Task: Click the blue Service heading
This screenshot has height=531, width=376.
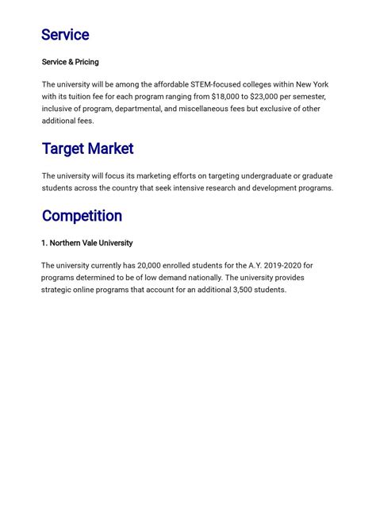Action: pos(65,35)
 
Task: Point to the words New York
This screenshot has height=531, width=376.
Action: pos(309,84)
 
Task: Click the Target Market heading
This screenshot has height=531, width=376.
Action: pos(87,148)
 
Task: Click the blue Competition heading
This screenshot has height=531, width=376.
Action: pos(82,216)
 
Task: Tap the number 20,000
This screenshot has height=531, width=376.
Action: pos(151,265)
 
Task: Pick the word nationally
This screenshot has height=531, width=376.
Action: pos(195,278)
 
